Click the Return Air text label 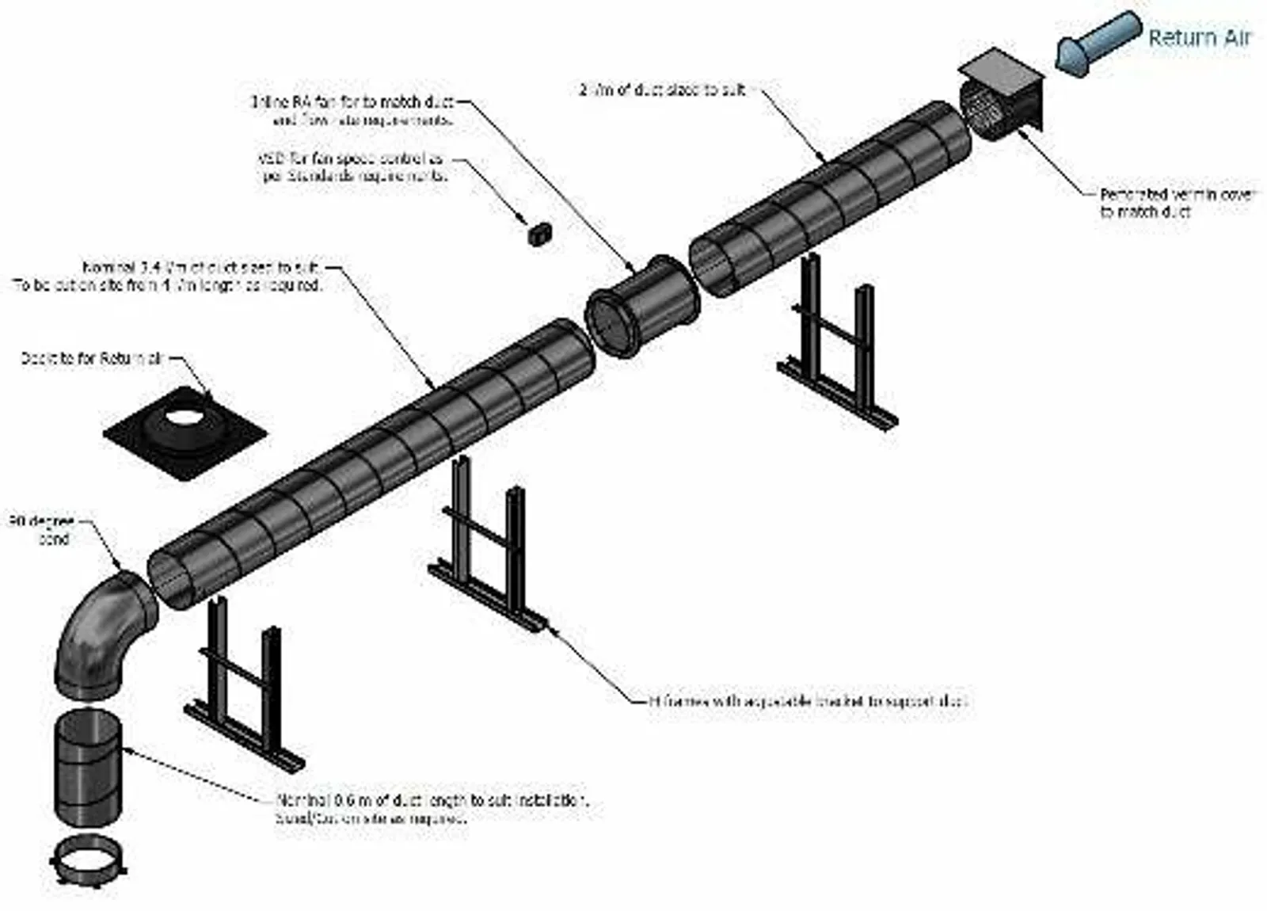pyautogui.click(x=1199, y=38)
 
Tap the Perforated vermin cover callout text pyautogui.click(x=1175, y=203)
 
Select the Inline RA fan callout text pyautogui.click(x=353, y=111)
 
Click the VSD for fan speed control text pyautogui.click(x=353, y=167)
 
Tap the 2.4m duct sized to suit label pyautogui.click(x=662, y=90)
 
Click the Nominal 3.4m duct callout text pyautogui.click(x=170, y=277)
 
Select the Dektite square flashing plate pyautogui.click(x=185, y=433)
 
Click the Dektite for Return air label pyautogui.click(x=91, y=359)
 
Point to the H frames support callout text pyautogui.click(x=808, y=701)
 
